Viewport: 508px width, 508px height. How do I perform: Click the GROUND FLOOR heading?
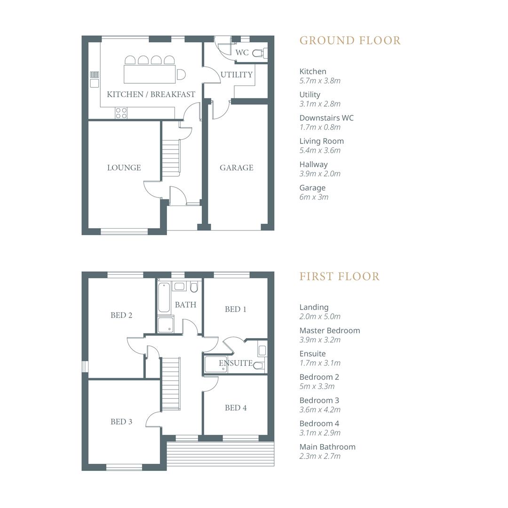350,40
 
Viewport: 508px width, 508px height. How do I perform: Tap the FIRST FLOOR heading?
339,276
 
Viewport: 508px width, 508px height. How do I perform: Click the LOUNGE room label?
124,167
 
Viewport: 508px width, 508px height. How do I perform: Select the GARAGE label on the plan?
236,167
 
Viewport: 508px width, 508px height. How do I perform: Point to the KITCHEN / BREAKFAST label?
151,94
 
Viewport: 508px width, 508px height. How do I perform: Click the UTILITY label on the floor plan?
236,74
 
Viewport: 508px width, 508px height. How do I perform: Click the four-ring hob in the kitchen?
121,113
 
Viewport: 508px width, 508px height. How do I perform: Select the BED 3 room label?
121,421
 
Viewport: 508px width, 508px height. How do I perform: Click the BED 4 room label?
236,408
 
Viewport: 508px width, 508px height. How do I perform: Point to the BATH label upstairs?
185,305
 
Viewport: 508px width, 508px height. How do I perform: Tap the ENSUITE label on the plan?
235,363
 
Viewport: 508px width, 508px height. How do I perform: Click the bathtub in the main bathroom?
163,298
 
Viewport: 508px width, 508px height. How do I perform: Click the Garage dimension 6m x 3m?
314,197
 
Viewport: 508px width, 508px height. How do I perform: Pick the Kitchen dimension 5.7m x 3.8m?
320,80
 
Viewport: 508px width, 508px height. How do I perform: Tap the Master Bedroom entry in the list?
329,331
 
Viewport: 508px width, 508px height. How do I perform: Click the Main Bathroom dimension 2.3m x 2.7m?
320,456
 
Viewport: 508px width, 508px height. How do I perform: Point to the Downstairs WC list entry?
326,118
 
